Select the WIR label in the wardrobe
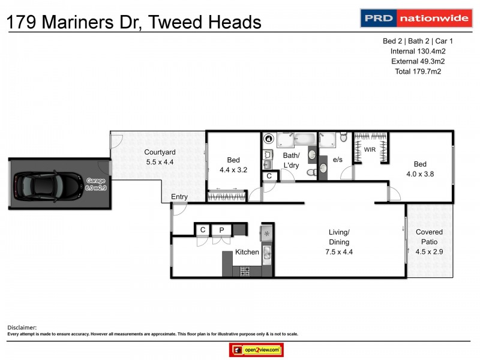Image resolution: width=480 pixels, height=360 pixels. (370, 149)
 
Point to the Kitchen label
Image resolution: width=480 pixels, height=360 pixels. (247, 252)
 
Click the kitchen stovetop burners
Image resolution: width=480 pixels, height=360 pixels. (245, 271)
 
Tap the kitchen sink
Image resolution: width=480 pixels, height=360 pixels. (268, 256)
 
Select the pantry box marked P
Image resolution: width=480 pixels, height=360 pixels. (221, 230)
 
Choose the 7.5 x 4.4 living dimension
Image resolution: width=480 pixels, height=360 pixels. (339, 252)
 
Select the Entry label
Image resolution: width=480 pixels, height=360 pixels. (179, 197)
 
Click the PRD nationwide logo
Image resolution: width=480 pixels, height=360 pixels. (415, 18)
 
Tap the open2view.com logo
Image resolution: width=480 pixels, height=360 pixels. (256, 350)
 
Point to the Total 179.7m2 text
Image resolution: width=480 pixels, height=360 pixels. (418, 71)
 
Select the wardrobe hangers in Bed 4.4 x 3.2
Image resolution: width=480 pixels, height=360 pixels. (226, 195)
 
